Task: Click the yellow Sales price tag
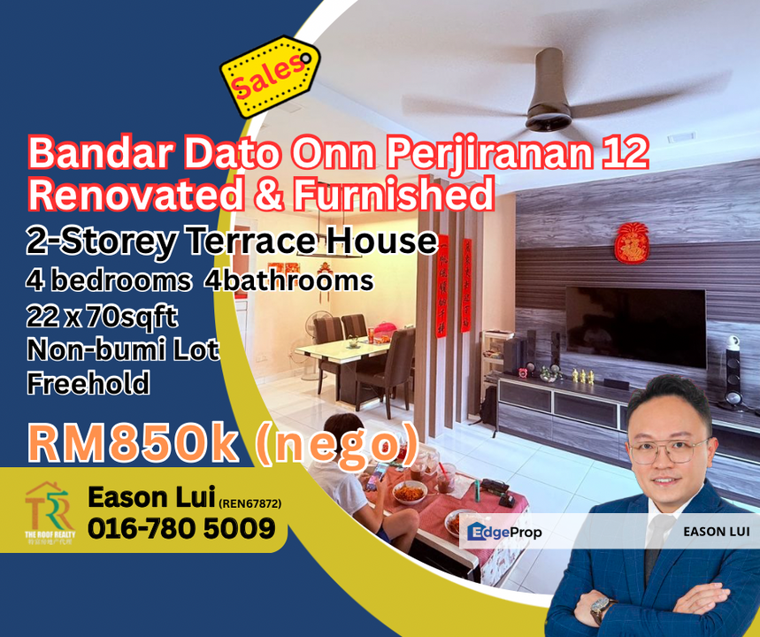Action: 270,77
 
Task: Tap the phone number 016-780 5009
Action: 180,529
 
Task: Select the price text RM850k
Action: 134,444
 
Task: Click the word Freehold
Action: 88,384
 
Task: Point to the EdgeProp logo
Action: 505,532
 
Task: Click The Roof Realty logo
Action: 48,512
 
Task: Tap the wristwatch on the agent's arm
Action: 603,609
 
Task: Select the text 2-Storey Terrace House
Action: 233,241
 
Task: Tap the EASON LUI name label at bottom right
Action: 715,532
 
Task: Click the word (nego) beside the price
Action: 336,444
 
